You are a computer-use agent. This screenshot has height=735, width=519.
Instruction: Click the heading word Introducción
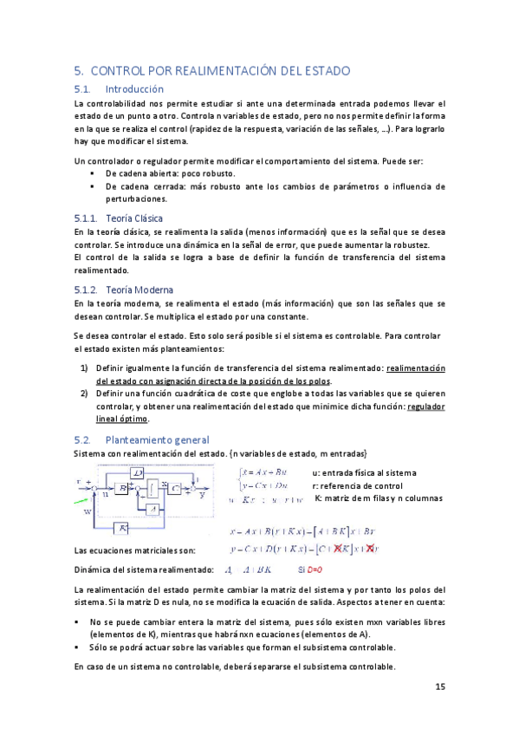pyautogui.click(x=133, y=88)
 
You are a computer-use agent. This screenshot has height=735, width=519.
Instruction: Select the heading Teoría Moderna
pyautogui.click(x=139, y=289)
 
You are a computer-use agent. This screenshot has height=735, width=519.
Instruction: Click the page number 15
pyautogui.click(x=439, y=686)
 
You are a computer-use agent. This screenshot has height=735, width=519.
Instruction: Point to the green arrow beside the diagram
pyautogui.click(x=80, y=502)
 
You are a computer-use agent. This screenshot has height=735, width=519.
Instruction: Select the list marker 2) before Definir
pyautogui.click(x=85, y=393)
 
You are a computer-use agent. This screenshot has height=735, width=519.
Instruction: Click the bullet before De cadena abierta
pyautogui.click(x=93, y=173)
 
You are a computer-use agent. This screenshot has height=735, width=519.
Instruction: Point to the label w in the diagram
pyautogui.click(x=87, y=511)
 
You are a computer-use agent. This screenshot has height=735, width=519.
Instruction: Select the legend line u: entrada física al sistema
pyautogui.click(x=364, y=472)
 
